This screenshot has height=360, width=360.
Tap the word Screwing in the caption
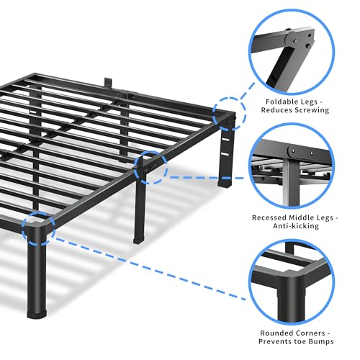312,110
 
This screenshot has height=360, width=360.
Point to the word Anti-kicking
296,226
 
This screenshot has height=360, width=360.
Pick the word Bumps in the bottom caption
321,341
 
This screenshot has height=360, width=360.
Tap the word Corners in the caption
310,333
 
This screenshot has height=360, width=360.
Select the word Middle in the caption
300,217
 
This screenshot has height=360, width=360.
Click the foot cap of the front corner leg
37,314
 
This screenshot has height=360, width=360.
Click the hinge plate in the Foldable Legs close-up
300,40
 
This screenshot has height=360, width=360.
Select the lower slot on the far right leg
225,154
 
